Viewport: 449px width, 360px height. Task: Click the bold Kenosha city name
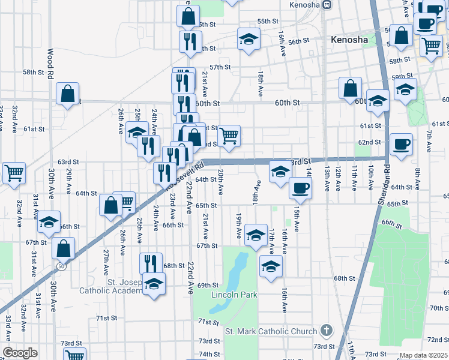(350, 40)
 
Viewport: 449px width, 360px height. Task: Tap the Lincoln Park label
(234, 295)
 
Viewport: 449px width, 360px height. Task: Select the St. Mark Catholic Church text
(270, 331)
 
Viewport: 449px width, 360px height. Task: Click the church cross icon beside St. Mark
(325, 331)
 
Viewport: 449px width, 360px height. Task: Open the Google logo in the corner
(20, 353)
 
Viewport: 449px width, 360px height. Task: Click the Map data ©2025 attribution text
(423, 355)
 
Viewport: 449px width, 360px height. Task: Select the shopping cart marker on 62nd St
(229, 136)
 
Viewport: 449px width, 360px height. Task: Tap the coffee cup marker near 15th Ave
(300, 187)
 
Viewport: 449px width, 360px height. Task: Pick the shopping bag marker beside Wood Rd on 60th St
(67, 93)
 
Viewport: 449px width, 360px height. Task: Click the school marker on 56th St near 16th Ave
(249, 39)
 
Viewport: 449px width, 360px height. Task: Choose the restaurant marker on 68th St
(151, 263)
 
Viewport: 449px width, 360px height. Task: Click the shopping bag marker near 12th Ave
(350, 88)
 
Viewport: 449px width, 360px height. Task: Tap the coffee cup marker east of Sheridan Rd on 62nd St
(401, 144)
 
